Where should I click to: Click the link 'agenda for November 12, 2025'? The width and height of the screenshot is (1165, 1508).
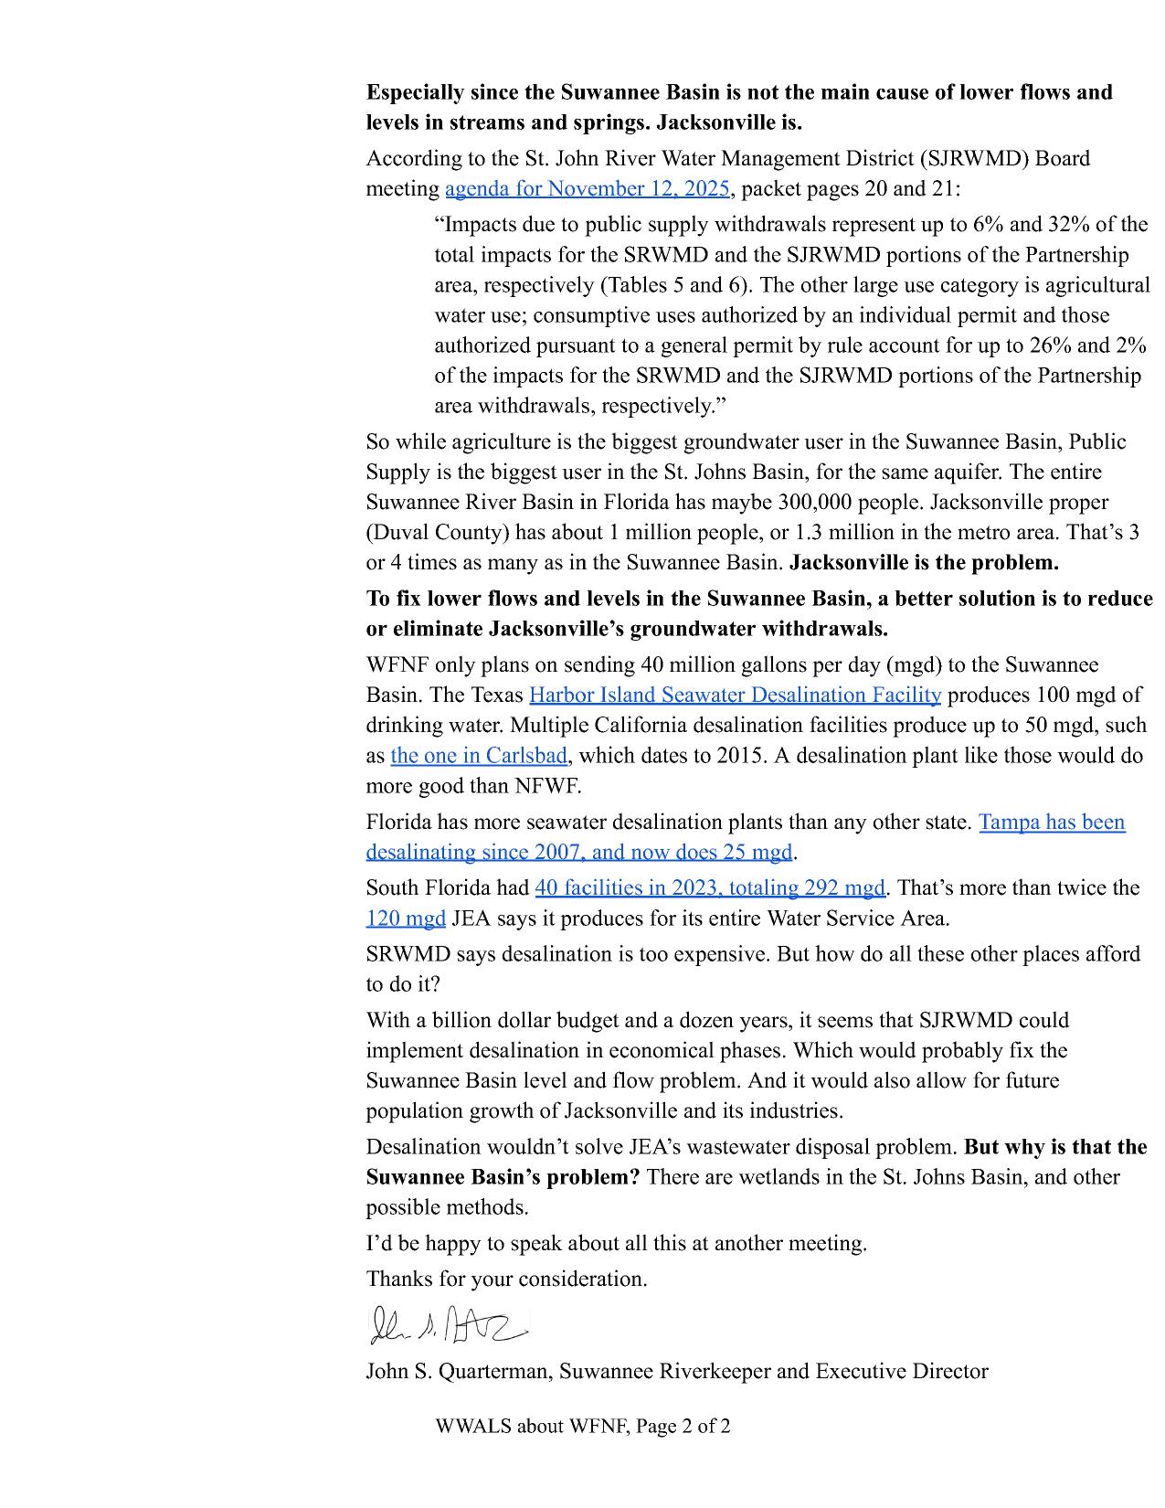587,189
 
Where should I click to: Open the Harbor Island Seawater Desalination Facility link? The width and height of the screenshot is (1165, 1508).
735,696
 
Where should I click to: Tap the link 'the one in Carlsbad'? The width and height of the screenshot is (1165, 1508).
479,756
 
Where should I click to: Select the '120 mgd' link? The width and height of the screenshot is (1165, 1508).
406,919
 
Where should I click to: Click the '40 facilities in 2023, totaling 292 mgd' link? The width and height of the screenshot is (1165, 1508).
710,888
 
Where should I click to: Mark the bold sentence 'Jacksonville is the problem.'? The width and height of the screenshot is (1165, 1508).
924,563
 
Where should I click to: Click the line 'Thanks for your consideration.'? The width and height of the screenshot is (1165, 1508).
506,1280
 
